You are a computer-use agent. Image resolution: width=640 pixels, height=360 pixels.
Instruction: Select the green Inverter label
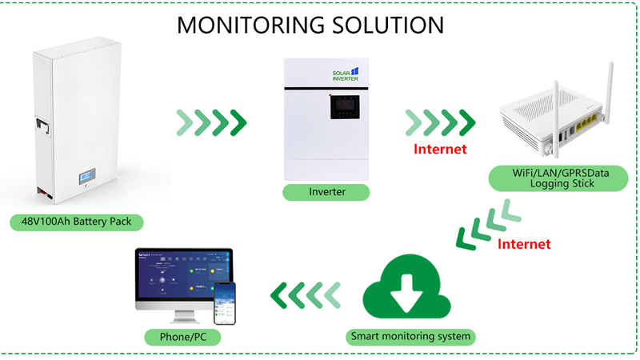[x=326, y=192]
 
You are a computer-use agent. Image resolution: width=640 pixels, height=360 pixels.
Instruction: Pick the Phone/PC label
[x=170, y=337]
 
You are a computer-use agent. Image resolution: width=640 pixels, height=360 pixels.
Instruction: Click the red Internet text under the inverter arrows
[x=440, y=149]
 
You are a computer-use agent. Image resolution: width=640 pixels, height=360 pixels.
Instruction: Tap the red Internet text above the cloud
[x=524, y=244]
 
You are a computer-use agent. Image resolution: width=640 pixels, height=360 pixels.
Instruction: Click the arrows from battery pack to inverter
[x=210, y=122]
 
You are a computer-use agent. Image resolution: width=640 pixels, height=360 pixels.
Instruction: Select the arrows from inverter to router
[x=440, y=122]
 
